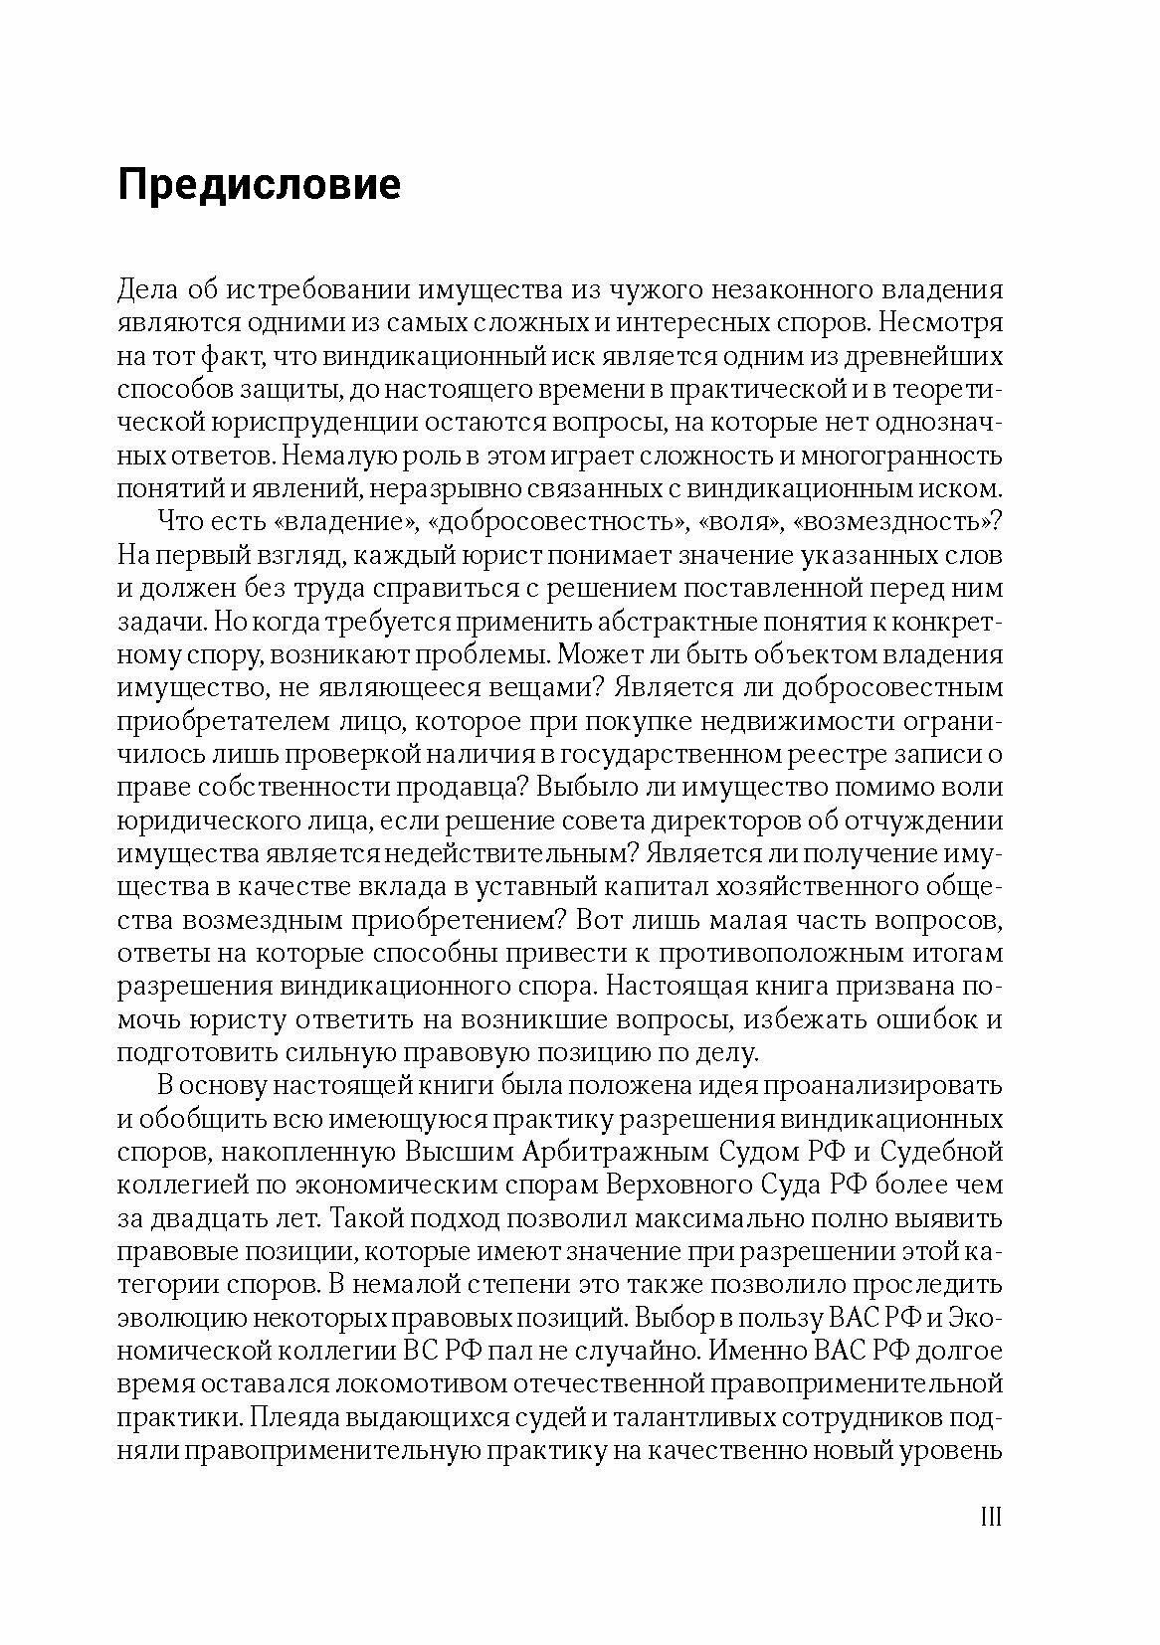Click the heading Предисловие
[x=260, y=185]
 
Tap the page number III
[x=990, y=1517]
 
